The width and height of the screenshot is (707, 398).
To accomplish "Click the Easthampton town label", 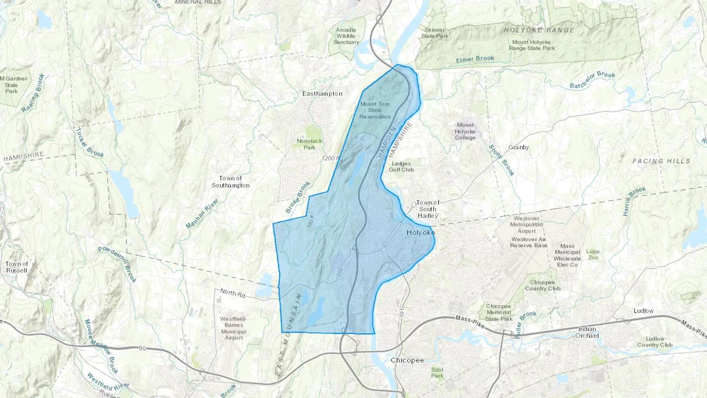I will coord(322,94).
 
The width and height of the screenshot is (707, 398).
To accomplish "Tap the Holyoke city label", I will coord(420,233).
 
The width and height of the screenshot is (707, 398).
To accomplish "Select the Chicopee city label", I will coord(407,360).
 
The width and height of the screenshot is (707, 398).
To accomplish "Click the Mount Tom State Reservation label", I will coord(375,110).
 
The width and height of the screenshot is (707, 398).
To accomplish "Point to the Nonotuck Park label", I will coord(309,144).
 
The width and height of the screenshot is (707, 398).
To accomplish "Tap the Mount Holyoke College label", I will coord(465,131).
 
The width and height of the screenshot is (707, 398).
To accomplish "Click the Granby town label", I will coord(518,147).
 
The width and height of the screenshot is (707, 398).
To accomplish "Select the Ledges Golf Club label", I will coord(401,167).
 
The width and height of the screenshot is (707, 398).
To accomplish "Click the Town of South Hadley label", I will coord(428,209).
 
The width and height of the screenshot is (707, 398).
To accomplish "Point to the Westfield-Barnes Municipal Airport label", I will coord(234,328).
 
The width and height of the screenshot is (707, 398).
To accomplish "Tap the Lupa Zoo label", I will coord(593,255).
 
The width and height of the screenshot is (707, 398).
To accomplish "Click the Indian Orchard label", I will coord(587,332).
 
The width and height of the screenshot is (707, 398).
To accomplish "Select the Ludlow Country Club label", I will coord(655,342).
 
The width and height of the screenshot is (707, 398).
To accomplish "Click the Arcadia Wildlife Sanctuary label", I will coord(346,36).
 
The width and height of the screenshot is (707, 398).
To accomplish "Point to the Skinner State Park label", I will coord(434,33).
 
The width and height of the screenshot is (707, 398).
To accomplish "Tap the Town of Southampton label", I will coord(231,182).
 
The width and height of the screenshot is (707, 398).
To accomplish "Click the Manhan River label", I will coord(202,214).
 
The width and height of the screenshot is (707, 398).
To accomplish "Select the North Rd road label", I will coord(233,293).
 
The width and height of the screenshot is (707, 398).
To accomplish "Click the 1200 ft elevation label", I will coord(330,158).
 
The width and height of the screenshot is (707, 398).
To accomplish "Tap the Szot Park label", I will coord(437,372).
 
